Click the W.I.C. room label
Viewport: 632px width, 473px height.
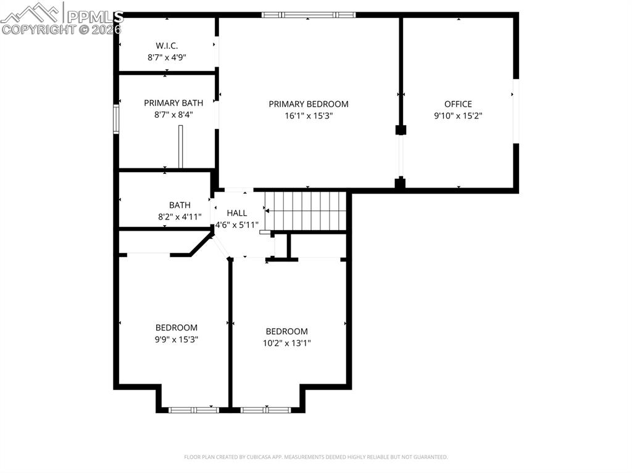pos(167,45)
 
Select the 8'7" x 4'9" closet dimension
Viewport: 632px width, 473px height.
pos(167,57)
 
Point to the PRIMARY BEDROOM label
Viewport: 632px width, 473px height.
pos(308,104)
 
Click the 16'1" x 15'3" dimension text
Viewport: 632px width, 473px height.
pos(308,115)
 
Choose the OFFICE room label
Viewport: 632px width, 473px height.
pos(458,104)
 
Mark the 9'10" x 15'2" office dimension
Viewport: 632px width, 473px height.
pos(458,115)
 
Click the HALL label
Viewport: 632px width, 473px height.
pos(237,213)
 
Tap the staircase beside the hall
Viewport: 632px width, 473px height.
pos(306,210)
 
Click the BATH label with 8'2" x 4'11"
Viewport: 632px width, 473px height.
pos(180,205)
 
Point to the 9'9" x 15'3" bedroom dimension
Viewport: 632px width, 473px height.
pos(177,339)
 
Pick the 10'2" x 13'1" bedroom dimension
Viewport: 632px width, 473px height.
pos(286,343)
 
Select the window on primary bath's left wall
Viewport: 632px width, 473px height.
pos(115,118)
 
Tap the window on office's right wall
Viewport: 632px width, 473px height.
pos(516,111)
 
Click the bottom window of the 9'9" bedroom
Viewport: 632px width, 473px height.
pos(194,409)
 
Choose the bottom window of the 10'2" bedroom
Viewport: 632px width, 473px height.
pos(265,409)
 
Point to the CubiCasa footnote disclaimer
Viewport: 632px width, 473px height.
pos(315,457)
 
